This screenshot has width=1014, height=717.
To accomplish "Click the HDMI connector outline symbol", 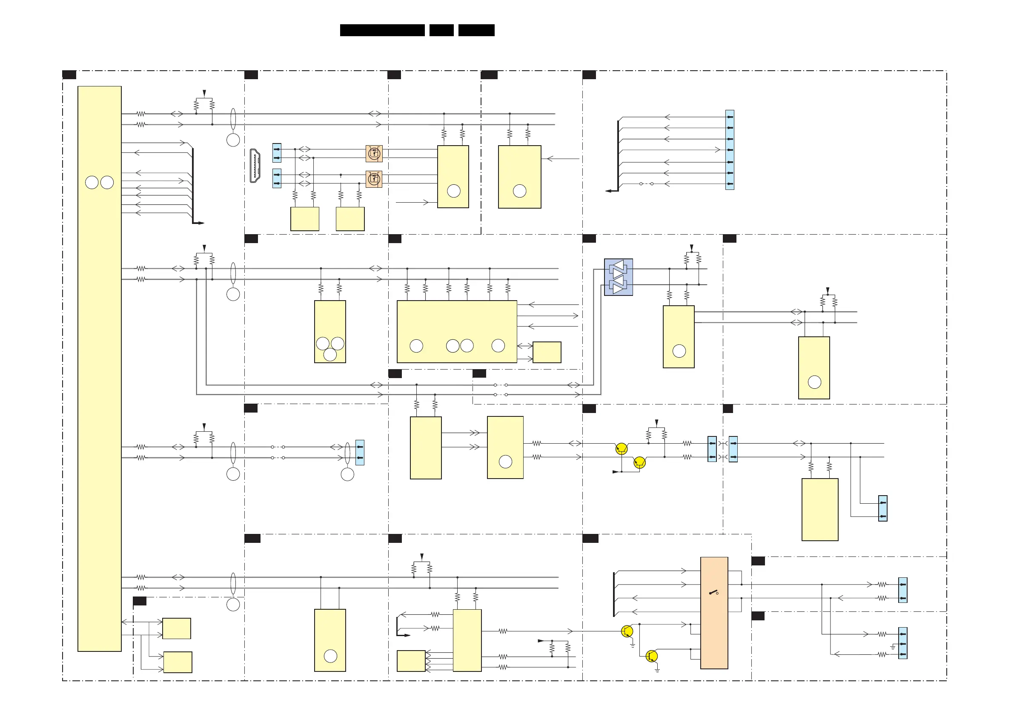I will click(255, 166).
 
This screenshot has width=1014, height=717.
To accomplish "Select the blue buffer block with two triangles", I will click(618, 277).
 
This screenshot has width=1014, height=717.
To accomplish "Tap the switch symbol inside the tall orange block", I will click(714, 592).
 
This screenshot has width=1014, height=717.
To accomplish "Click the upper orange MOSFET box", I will click(374, 153).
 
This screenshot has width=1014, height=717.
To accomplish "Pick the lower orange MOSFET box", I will click(374, 178).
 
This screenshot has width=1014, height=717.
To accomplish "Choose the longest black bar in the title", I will click(382, 30).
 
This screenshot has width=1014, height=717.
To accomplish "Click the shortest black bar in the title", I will click(441, 30).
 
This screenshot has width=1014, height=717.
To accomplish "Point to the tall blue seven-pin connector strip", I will click(730, 150).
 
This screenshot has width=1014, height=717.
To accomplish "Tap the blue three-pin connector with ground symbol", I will click(903, 643).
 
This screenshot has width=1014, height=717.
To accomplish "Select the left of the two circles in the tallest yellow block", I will click(92, 183).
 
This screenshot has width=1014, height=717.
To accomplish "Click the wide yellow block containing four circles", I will click(457, 331).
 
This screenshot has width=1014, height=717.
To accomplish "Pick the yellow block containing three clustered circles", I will click(330, 331).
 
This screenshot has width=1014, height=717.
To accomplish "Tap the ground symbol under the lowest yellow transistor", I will click(657, 671).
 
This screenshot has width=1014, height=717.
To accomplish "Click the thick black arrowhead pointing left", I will click(610, 191).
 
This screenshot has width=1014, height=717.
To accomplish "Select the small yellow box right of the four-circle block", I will click(547, 352).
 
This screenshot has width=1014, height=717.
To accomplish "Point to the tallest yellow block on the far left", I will click(99, 368).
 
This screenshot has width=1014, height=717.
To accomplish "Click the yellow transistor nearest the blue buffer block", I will click(622, 449).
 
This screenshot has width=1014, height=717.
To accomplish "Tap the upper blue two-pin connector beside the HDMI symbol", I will click(277, 153).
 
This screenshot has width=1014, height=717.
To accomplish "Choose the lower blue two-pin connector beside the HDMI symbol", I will click(277, 178).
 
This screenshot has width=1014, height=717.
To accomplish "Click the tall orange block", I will click(714, 613).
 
